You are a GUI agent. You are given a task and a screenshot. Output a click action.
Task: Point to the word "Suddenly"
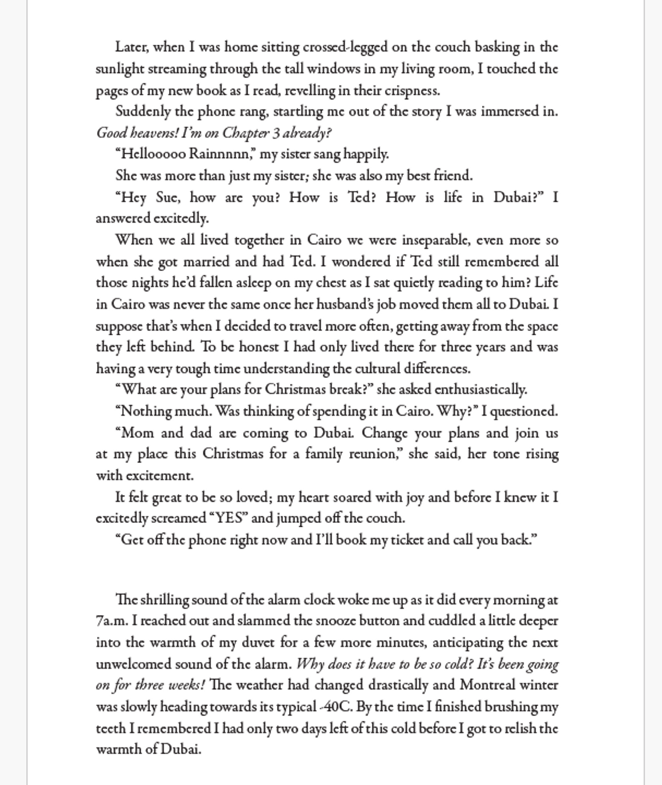pyautogui.click(x=143, y=112)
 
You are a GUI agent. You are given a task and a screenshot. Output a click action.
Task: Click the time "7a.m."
pyautogui.click(x=112, y=621)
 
